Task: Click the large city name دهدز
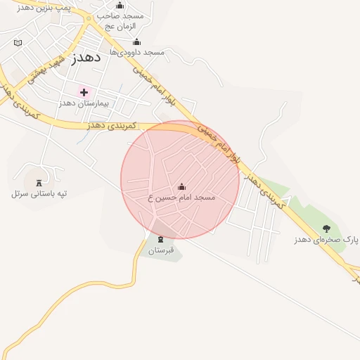(x=86, y=58)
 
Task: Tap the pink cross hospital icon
(x=84, y=92)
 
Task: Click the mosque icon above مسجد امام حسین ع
(x=182, y=186)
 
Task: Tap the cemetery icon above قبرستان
(x=160, y=240)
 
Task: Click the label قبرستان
(x=160, y=250)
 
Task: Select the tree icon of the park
(x=326, y=229)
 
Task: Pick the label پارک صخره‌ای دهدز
(x=326, y=240)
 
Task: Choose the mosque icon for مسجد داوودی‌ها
(x=136, y=41)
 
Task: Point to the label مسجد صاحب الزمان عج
(x=120, y=20)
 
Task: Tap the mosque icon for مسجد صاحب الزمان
(x=119, y=5)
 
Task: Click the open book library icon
(x=18, y=43)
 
